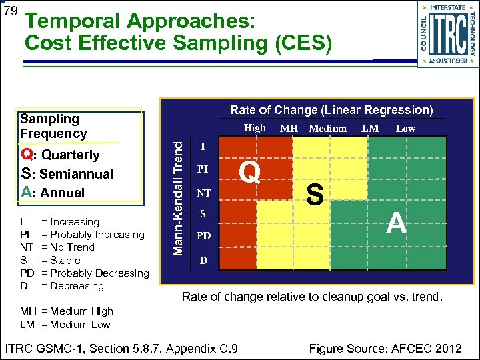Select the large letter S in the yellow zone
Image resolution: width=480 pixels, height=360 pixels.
315,195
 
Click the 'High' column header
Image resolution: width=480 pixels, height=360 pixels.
255,128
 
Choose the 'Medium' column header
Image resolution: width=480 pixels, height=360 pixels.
327,129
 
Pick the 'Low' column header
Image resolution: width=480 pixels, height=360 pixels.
405,129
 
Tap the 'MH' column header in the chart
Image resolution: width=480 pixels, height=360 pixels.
289,129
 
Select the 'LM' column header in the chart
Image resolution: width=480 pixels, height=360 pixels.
371,129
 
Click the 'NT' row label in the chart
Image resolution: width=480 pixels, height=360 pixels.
204,193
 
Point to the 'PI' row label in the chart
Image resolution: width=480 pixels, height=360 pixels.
204,169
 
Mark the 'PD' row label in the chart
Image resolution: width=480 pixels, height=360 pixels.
204,236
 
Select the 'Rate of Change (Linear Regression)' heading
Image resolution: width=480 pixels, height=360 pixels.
331,110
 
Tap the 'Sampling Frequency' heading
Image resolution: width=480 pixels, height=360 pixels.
53,126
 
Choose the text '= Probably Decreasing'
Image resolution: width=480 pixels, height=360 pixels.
95,273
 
